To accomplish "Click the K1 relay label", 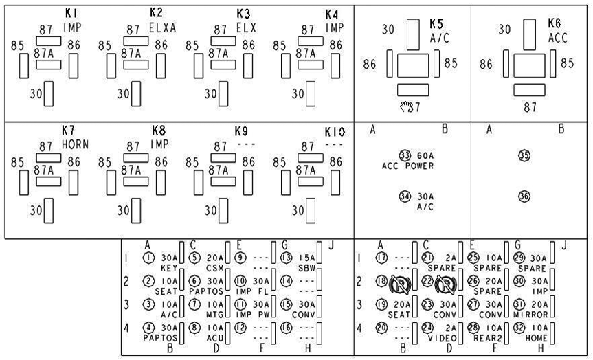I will [71, 13].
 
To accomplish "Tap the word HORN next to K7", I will [75, 146].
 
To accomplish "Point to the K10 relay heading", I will [334, 131].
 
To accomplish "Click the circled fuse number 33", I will [405, 156].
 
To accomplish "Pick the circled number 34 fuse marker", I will [405, 196].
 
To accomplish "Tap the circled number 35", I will [524, 156].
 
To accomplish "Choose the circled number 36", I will [524, 196].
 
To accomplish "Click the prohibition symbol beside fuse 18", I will [400, 284].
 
